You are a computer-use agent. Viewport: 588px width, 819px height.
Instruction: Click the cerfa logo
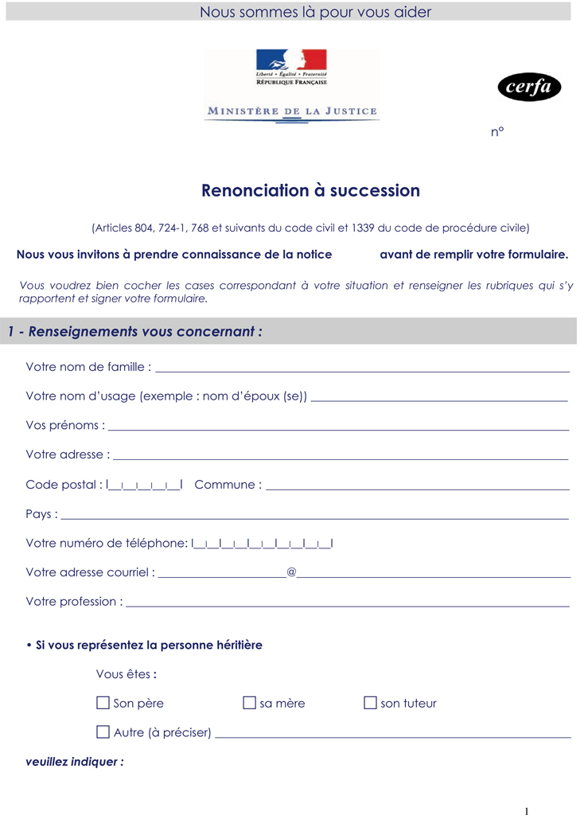529,88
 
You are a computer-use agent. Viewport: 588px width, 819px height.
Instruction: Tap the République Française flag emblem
291,60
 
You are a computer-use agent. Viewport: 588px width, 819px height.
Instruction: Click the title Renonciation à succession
310,191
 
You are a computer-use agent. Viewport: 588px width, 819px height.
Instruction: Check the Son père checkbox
103,703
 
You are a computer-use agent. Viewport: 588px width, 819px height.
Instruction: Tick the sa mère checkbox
249,703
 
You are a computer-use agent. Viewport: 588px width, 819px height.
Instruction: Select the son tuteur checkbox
370,703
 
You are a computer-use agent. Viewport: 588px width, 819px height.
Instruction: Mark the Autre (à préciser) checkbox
103,731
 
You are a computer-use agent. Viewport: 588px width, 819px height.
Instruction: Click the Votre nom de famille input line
363,369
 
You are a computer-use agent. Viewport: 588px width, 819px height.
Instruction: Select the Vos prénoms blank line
338,427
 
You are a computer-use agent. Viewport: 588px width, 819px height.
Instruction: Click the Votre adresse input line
341,456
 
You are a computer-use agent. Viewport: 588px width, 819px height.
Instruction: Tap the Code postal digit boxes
144,485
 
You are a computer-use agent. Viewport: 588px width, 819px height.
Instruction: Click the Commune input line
418,486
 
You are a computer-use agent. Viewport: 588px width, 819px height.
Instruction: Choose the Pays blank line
314,515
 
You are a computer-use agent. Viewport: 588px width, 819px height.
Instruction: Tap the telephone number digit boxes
263,544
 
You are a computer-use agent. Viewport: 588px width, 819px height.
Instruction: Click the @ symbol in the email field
291,572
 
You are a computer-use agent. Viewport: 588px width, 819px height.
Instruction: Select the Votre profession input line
348,603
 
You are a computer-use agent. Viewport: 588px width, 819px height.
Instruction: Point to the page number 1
526,811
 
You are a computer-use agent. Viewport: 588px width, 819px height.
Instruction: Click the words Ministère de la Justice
292,111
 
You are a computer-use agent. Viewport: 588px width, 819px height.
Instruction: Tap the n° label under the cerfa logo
497,132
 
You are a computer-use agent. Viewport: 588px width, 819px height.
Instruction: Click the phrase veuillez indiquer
75,762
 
